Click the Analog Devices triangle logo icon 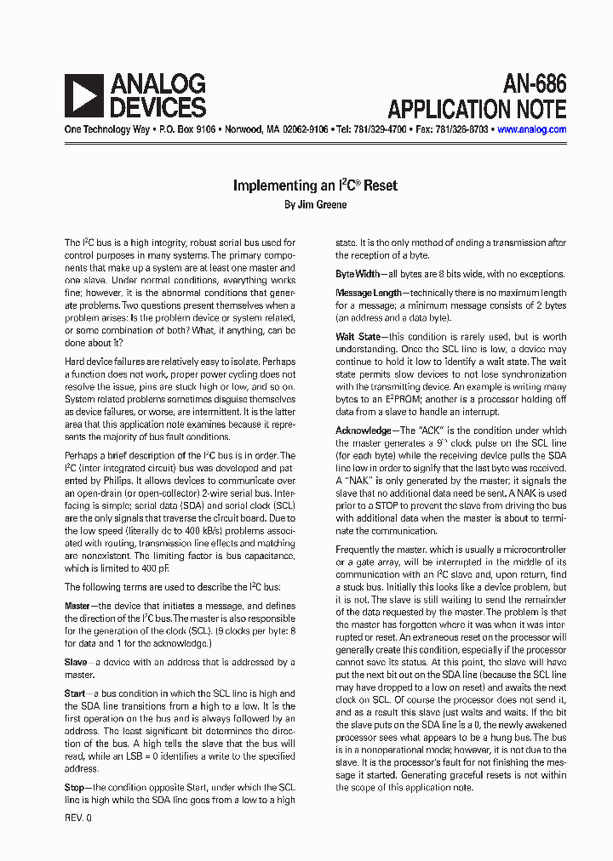click(x=83, y=95)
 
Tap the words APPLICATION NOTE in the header click(x=477, y=109)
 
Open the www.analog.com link click(x=531, y=130)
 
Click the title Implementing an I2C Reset click(x=315, y=185)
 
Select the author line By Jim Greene click(x=315, y=204)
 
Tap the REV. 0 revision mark click(x=77, y=818)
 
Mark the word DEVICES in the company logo click(x=157, y=107)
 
